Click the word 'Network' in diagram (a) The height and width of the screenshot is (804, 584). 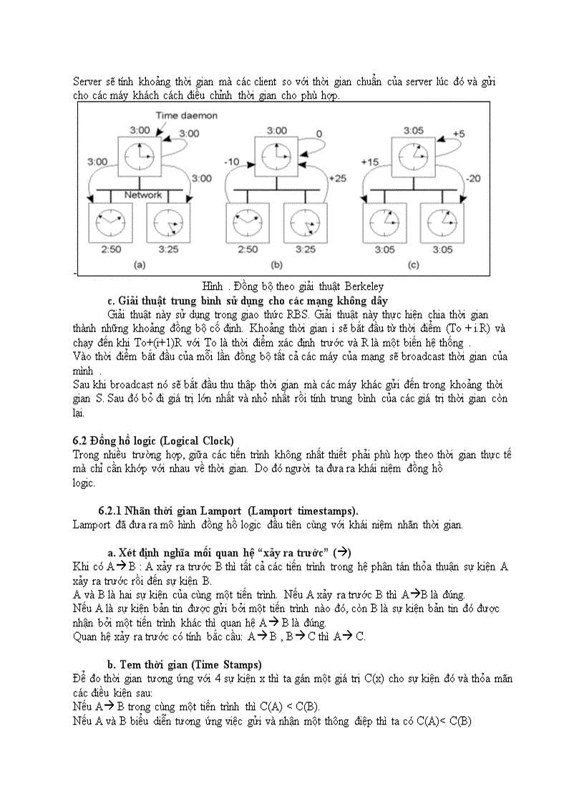pos(144,195)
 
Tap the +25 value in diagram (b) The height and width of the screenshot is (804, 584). pos(337,178)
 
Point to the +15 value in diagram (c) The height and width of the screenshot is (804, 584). pos(370,162)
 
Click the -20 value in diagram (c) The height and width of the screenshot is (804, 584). pos(473,178)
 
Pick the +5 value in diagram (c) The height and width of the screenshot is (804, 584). pos(459,134)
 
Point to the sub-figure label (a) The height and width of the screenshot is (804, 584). pos(140,266)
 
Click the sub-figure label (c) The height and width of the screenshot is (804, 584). pos(413,266)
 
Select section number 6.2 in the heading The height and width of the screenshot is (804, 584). pos(81,440)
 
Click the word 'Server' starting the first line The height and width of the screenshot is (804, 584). pos(87,82)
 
